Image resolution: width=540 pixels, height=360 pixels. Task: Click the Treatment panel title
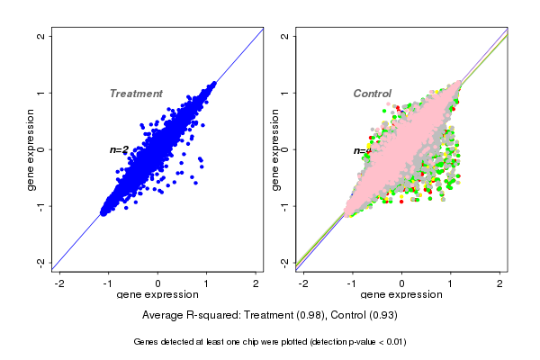[136, 94]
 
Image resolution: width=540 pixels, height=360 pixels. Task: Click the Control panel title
[373, 94]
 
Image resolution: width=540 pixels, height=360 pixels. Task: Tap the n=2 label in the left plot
[120, 149]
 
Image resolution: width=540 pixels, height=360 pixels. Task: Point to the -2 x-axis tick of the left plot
[60, 283]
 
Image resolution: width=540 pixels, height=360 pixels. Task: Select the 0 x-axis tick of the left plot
[158, 283]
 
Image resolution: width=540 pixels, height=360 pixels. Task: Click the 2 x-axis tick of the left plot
[256, 283]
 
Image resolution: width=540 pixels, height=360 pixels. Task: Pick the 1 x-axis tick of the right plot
[451, 283]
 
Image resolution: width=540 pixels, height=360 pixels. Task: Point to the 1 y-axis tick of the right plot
[284, 93]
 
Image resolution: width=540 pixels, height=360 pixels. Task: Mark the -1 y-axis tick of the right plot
[284, 206]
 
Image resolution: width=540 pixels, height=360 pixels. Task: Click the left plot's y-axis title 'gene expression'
[31, 149]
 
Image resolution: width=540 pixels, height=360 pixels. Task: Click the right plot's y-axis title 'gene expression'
[274, 149]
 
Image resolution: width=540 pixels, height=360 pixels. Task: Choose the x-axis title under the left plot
[157, 295]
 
